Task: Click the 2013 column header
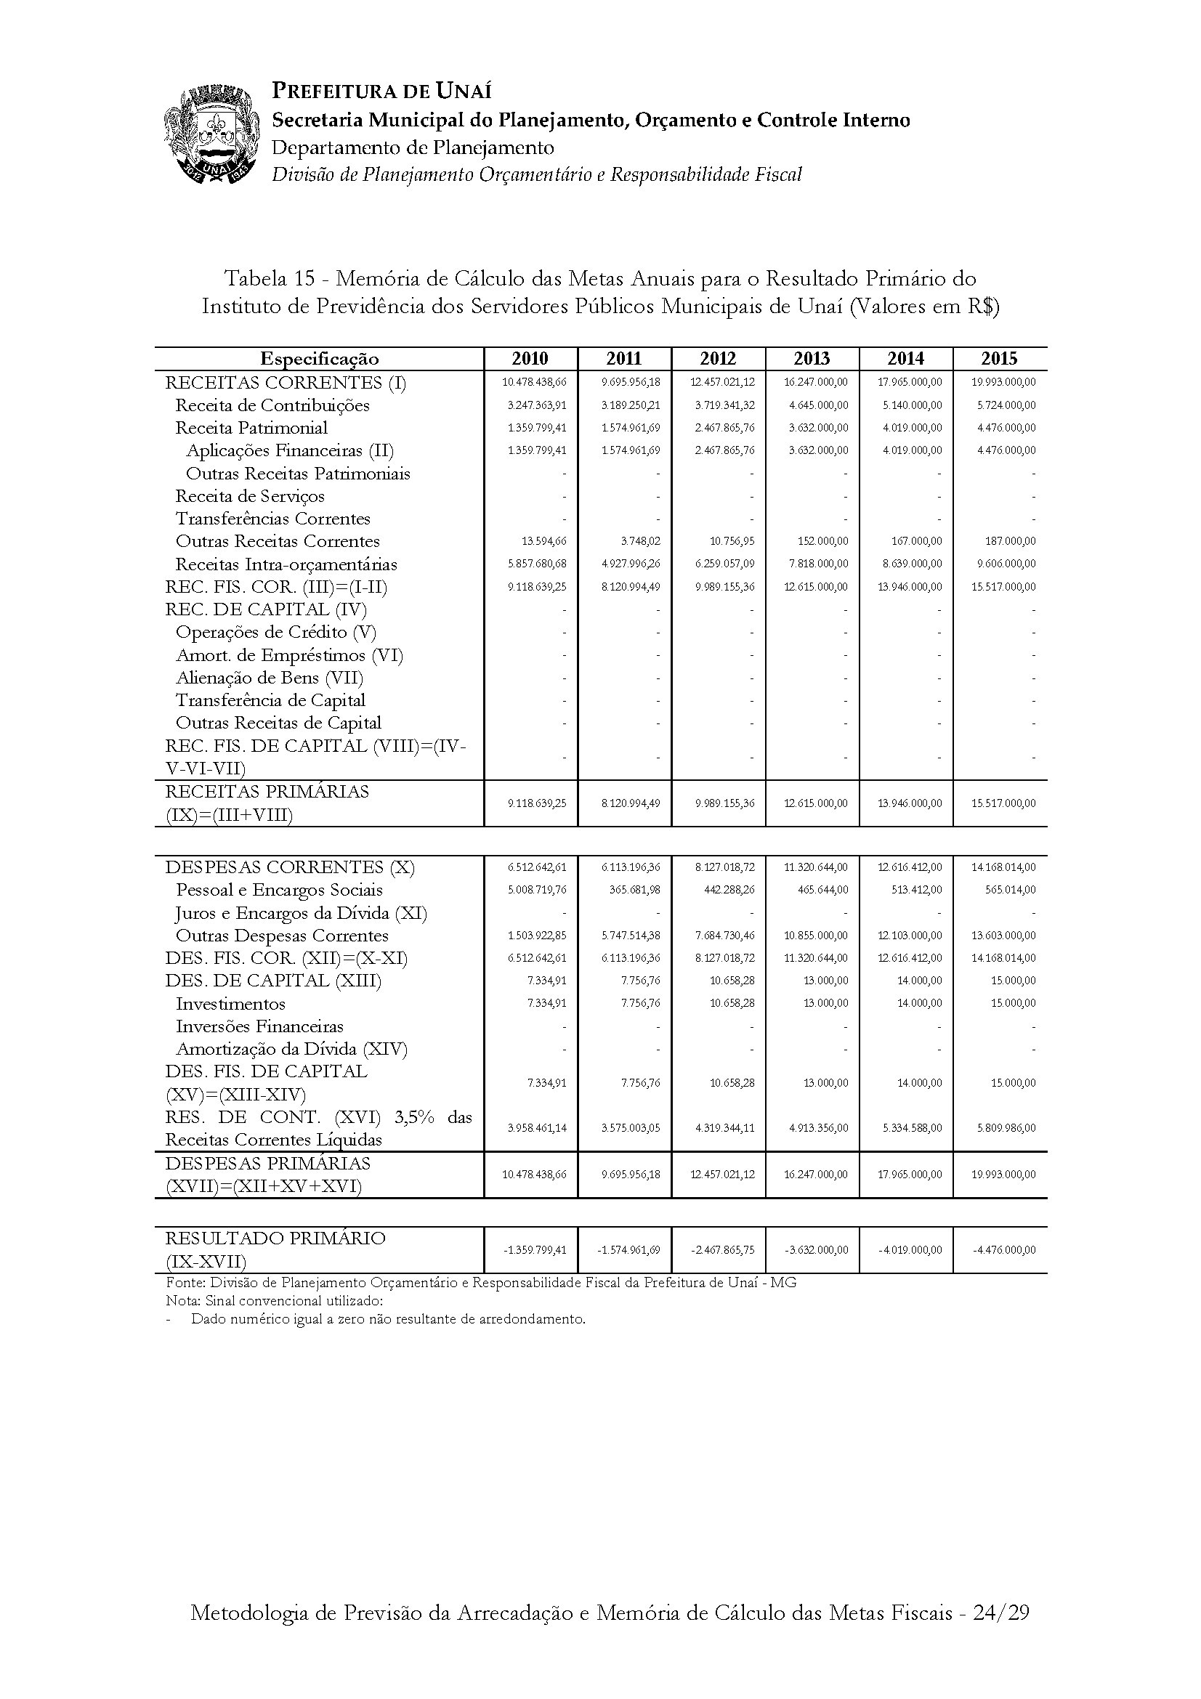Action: tap(812, 359)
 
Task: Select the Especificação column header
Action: tap(319, 359)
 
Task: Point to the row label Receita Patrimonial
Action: tap(251, 428)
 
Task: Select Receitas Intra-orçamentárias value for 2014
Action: tap(912, 564)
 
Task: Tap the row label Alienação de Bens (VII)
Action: tap(270, 678)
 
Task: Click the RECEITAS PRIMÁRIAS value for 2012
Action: tap(724, 803)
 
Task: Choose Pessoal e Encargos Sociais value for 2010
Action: tap(537, 890)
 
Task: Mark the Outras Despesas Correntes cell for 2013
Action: tap(817, 936)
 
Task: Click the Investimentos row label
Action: tap(230, 1004)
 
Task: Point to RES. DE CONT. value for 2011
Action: tap(631, 1129)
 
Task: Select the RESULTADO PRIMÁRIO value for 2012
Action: tap(724, 1250)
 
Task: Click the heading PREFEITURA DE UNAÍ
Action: tap(382, 91)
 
